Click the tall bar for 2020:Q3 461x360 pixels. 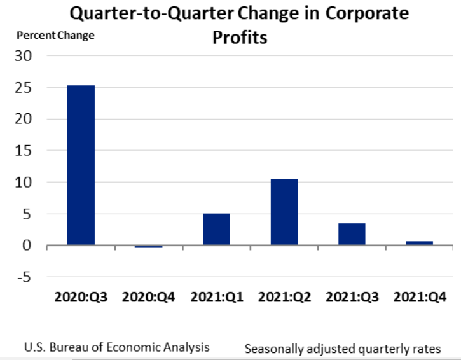pos(81,165)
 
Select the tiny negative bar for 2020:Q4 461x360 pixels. pos(148,246)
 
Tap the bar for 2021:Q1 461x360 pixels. pos(216,229)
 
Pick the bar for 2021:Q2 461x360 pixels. pos(284,212)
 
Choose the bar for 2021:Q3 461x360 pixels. pos(352,234)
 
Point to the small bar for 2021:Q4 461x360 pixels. pos(419,243)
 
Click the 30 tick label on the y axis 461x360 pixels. pos(23,56)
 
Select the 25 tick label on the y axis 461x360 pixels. pos(23,88)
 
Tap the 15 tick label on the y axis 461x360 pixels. pos(23,151)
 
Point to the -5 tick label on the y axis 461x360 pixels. pos(23,277)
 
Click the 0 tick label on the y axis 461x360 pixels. pos(27,246)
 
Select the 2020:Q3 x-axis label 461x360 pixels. pos(81,298)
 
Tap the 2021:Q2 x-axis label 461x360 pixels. pos(284,298)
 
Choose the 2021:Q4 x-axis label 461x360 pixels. pos(419,298)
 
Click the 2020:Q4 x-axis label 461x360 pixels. pos(148,298)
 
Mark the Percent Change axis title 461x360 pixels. pos(55,36)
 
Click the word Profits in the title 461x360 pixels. pos(240,38)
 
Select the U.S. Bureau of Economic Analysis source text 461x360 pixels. pos(116,348)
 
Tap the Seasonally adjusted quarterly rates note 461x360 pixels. pos(343,349)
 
